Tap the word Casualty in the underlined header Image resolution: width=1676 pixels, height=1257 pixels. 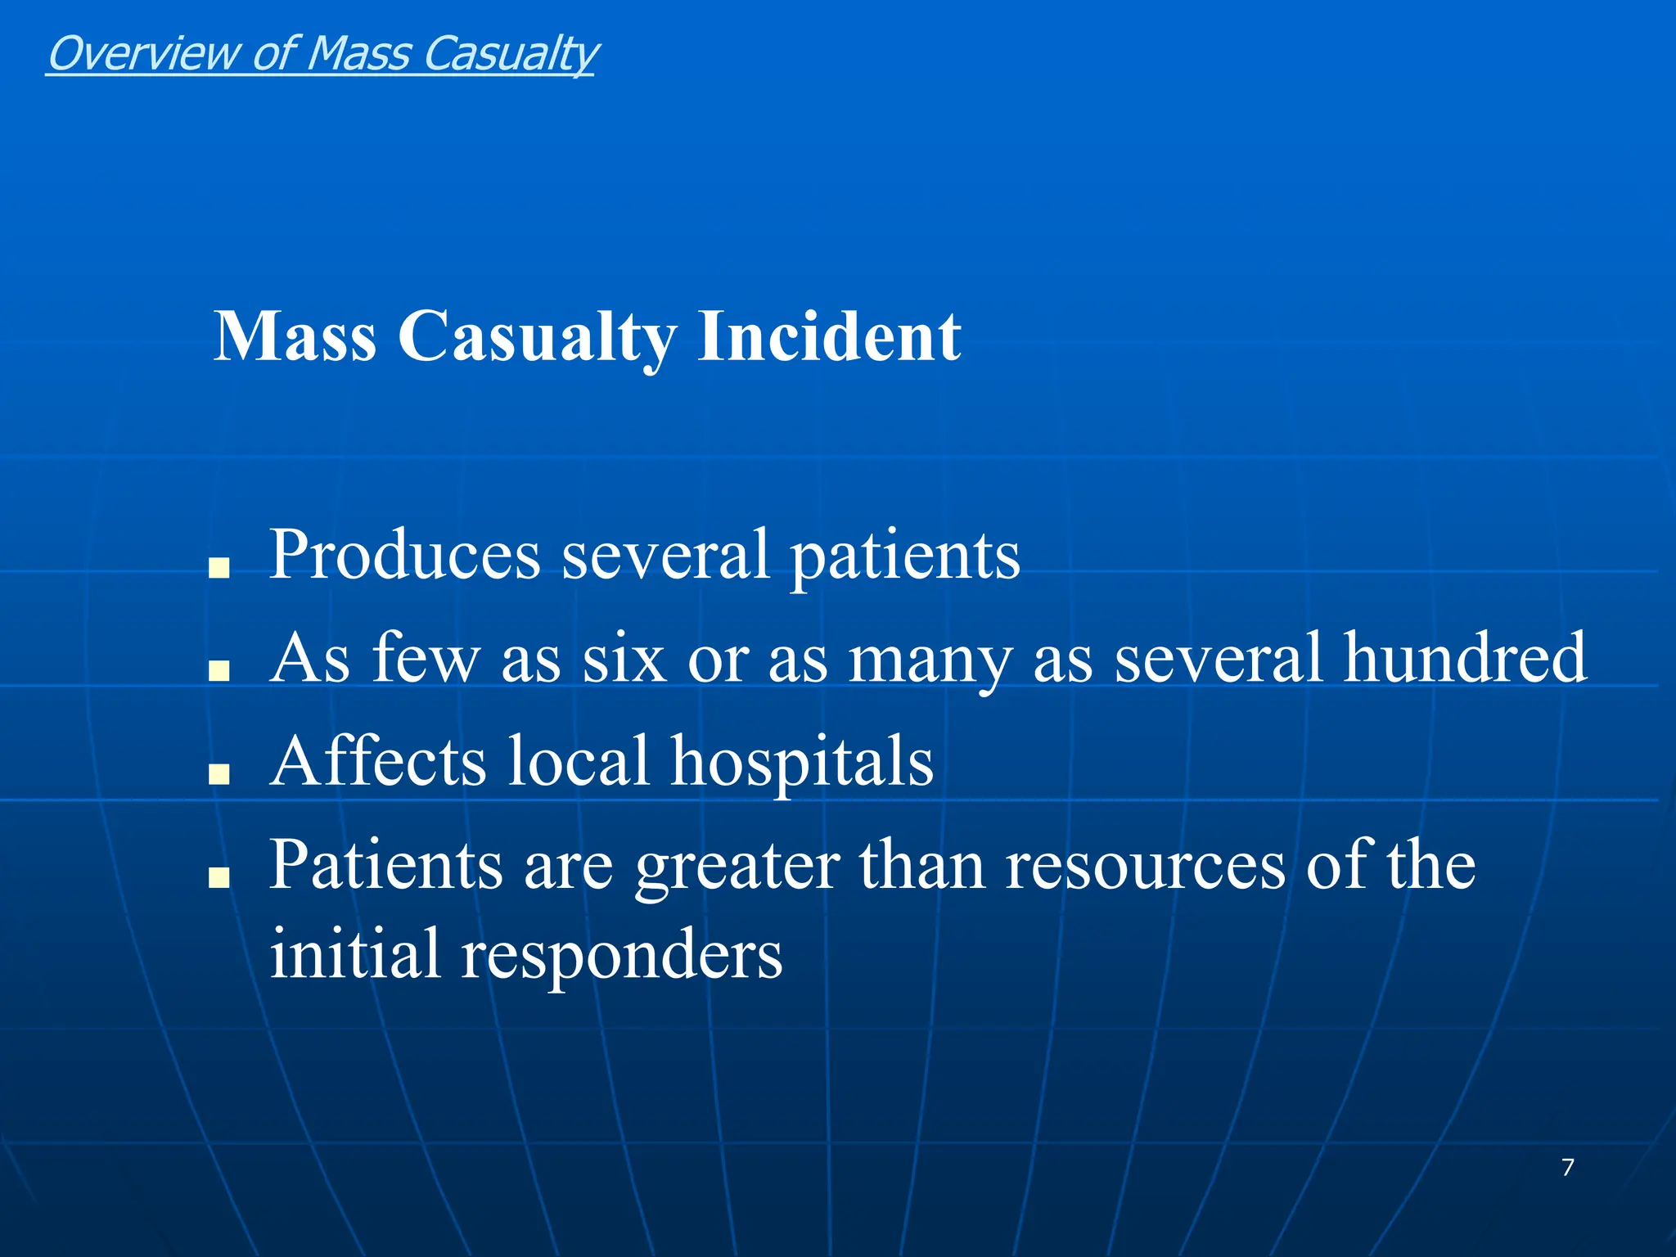click(511, 54)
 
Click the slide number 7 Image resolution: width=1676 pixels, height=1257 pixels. click(1567, 1167)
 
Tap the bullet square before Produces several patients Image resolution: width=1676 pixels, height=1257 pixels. click(219, 568)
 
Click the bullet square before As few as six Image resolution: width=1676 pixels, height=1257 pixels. click(219, 671)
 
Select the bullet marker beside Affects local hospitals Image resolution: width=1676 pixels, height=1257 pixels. click(219, 774)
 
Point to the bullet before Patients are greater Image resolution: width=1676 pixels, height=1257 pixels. click(219, 877)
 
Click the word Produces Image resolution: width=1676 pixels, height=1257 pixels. click(405, 555)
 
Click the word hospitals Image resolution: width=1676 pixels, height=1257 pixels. click(802, 761)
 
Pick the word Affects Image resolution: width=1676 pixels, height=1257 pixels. click(379, 761)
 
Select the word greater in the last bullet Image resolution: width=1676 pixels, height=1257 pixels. click(737, 866)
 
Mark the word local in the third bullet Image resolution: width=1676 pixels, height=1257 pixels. click(579, 761)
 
